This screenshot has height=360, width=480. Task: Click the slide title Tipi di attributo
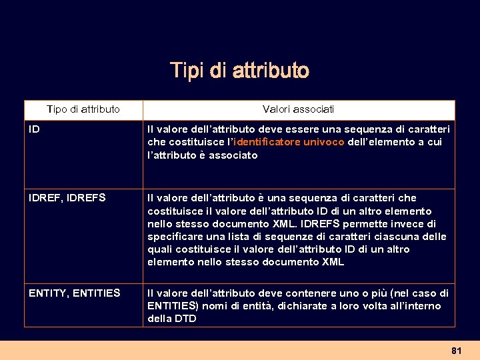[x=239, y=70]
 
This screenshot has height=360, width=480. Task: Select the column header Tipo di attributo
[x=83, y=109]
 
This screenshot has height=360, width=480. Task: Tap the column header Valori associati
[x=299, y=109]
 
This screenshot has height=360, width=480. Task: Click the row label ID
[x=34, y=129]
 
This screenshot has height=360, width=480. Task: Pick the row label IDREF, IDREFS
[x=67, y=198]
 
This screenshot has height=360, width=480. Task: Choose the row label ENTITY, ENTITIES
[x=75, y=293]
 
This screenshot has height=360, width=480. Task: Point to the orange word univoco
[x=324, y=142]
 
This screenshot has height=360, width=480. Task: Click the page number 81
[x=456, y=350]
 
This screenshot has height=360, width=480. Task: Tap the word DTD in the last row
[x=185, y=319]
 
